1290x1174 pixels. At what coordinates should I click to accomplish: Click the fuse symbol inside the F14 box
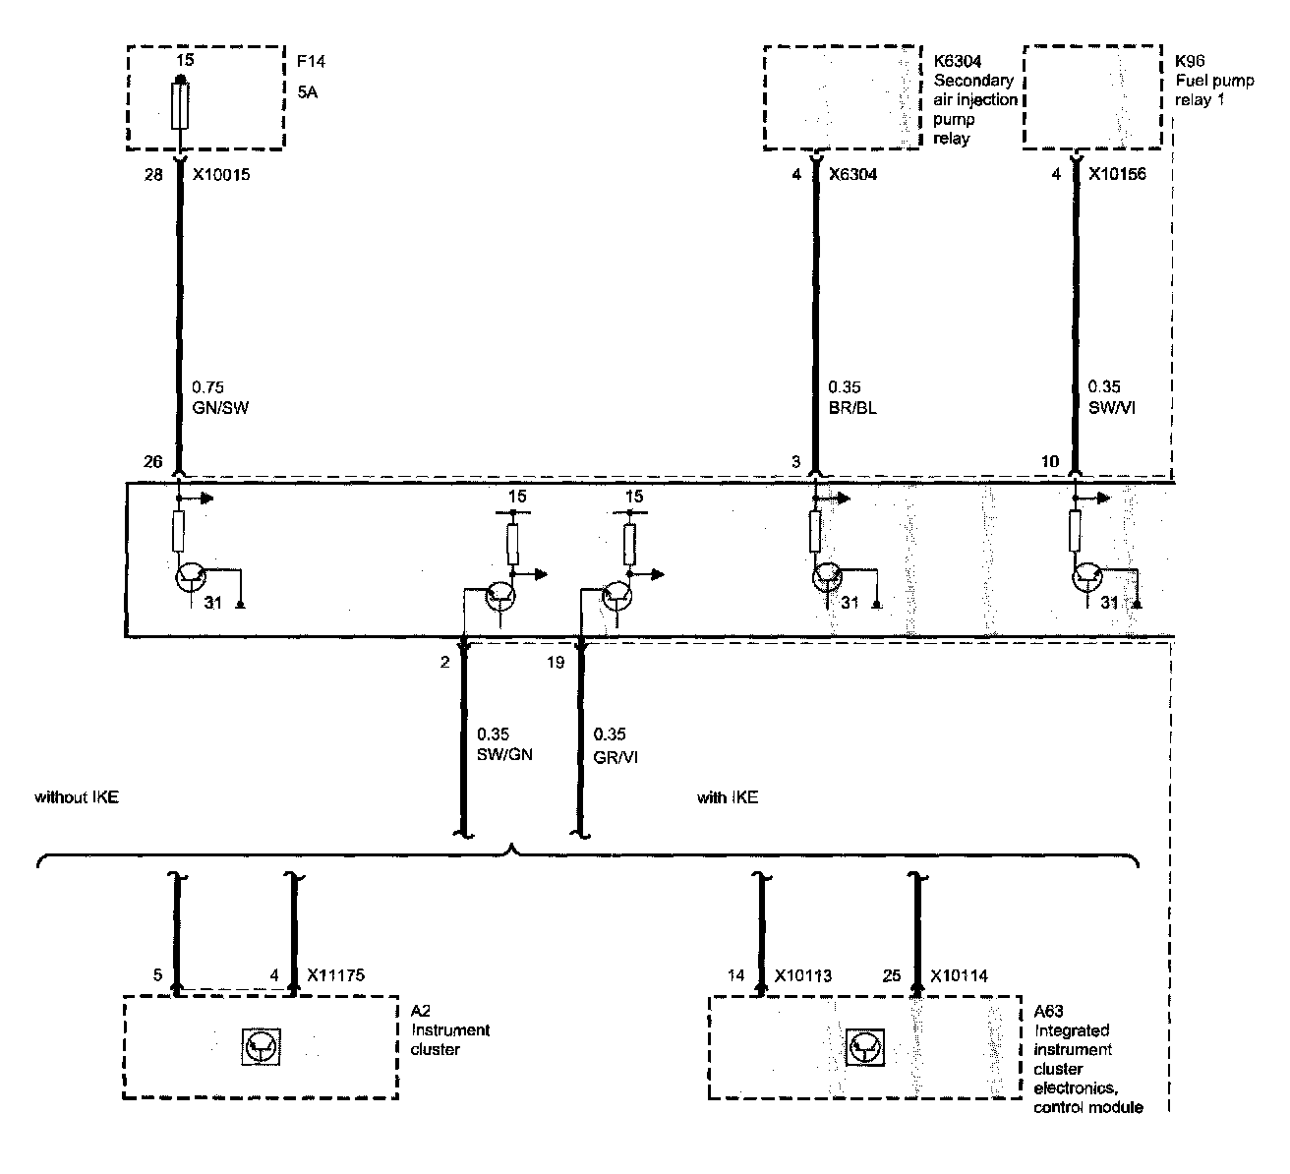click(179, 106)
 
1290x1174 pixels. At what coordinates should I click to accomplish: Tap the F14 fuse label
click(311, 62)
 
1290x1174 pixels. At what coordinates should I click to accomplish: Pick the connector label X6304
click(852, 174)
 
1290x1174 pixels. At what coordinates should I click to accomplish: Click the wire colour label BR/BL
click(852, 407)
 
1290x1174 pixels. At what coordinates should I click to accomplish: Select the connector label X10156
click(1118, 174)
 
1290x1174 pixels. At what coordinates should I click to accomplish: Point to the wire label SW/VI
click(1112, 407)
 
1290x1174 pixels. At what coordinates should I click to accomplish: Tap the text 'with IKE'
click(728, 797)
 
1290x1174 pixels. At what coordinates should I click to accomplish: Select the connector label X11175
click(335, 976)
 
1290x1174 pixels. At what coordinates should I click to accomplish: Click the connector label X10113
click(803, 976)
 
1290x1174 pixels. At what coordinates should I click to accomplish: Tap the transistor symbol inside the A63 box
click(864, 1046)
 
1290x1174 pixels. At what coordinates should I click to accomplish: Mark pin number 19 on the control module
click(556, 663)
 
